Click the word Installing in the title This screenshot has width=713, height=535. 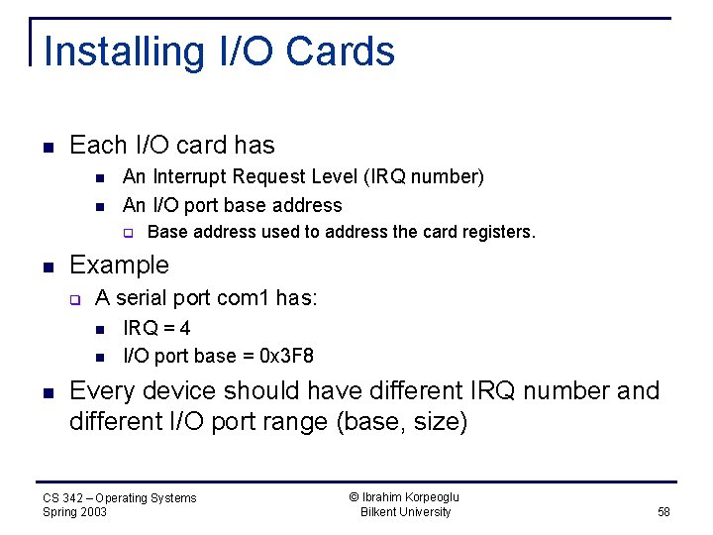tap(110, 52)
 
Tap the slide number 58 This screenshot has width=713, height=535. tap(663, 512)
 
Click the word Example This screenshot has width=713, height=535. tap(119, 266)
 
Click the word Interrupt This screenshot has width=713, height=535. tap(196, 176)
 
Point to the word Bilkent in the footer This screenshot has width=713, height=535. tap(382, 512)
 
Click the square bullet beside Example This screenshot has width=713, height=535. tap(48, 267)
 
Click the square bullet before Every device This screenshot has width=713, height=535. tap(48, 392)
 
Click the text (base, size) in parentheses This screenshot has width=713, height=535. tap(402, 421)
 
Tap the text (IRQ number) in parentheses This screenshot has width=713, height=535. tap(424, 176)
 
